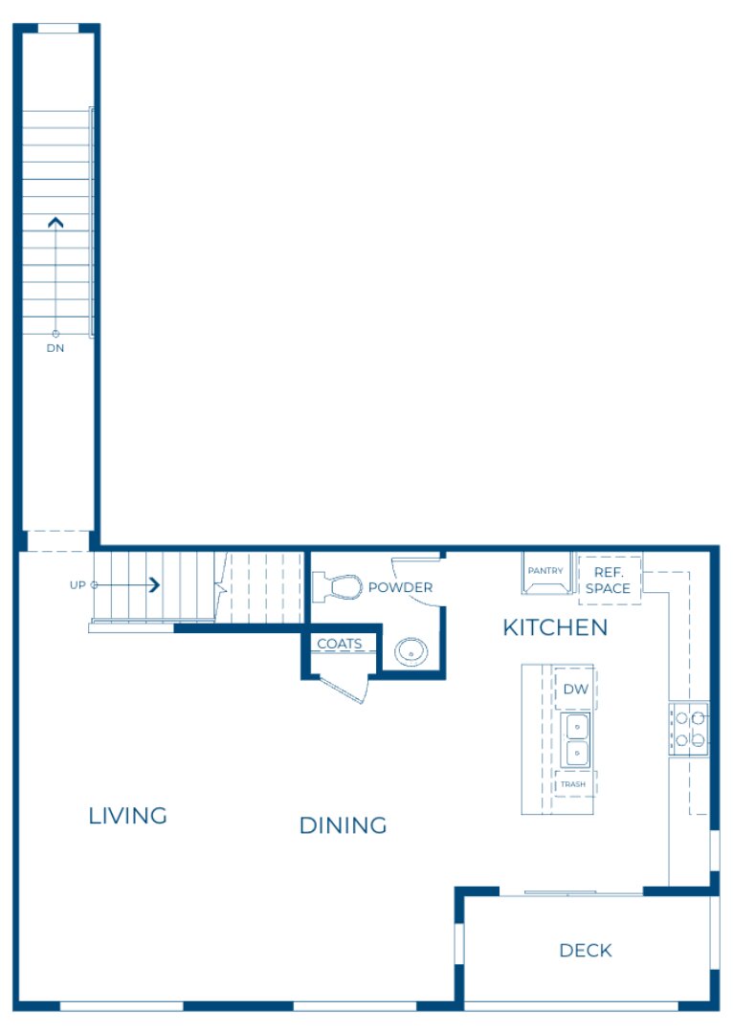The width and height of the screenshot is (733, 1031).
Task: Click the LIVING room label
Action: tap(127, 816)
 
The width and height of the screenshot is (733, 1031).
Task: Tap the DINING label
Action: tap(343, 825)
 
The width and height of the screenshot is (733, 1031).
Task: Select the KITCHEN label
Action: tap(555, 627)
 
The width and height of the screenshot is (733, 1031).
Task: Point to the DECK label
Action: tap(586, 950)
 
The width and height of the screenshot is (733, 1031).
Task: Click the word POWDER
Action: tap(400, 587)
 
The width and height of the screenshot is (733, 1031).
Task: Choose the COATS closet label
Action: tap(340, 644)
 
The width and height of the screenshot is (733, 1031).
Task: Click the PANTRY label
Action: tap(546, 571)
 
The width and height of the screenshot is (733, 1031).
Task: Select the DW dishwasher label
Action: tap(575, 689)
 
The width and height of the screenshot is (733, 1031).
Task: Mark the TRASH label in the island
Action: tap(573, 784)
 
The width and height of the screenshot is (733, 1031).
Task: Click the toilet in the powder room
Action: tap(337, 585)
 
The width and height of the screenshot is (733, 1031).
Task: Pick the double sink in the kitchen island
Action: tap(576, 739)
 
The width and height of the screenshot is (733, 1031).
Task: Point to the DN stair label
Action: tap(56, 348)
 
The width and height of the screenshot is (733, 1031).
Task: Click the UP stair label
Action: tap(78, 584)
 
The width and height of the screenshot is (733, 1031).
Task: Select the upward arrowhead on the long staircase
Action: tap(56, 223)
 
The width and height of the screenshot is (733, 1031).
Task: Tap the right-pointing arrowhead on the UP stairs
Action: tap(153, 584)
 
